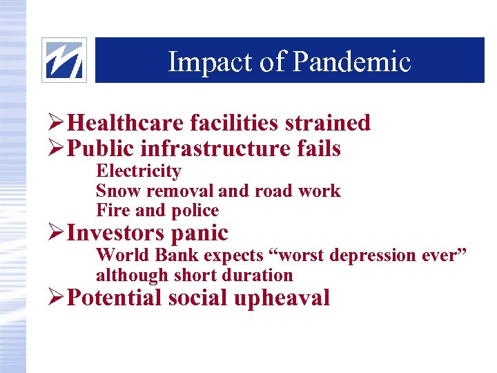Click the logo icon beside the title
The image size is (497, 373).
(64, 60)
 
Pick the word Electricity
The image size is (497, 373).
(138, 171)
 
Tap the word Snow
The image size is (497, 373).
(115, 191)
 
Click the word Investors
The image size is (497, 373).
(116, 233)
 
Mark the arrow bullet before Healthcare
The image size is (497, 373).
(58, 124)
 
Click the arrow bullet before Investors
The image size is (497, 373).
(58, 233)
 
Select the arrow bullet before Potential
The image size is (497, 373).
(58, 298)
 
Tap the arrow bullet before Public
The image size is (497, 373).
(58, 149)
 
